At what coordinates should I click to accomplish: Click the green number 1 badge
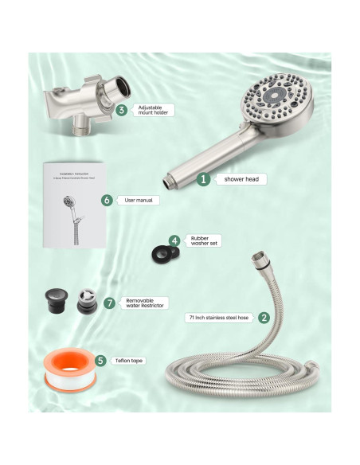click(204, 179)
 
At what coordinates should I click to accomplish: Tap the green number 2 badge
click(264, 317)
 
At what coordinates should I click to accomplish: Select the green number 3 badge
click(121, 110)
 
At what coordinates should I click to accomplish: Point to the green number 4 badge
click(174, 240)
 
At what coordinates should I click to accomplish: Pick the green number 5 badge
click(100, 360)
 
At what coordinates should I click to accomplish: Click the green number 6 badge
click(107, 201)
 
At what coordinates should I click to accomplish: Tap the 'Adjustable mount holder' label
click(155, 110)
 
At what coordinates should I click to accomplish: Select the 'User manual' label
click(139, 201)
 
